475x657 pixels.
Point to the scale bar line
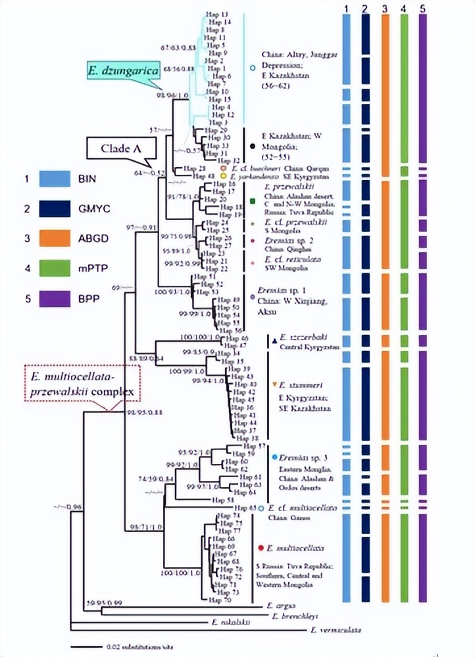point(86,647)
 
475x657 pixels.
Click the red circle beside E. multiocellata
point(262,547)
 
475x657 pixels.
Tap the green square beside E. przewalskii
point(253,200)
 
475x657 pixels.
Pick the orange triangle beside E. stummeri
point(273,384)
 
